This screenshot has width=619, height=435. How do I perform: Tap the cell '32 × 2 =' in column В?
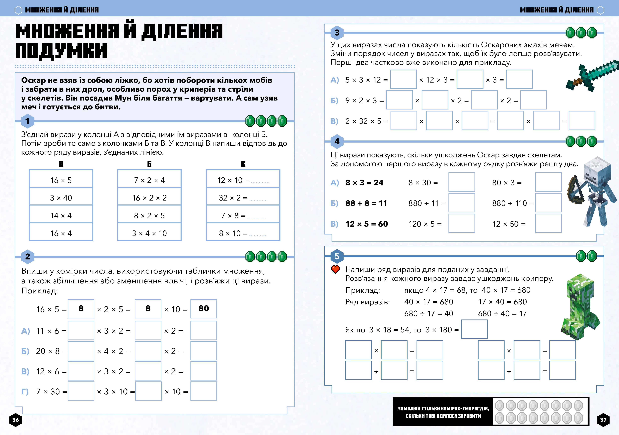(x=243, y=198)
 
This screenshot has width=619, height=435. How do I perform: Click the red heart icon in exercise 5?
(x=335, y=269)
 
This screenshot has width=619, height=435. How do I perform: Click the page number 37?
(x=603, y=420)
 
